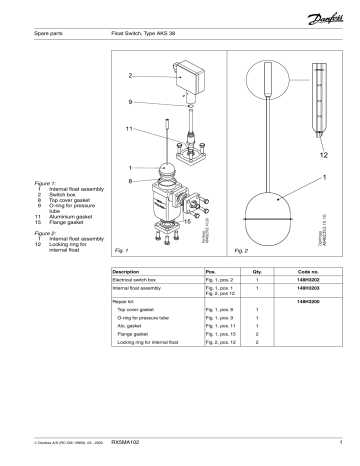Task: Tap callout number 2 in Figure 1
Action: pos(130,76)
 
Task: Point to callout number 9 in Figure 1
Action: pos(130,102)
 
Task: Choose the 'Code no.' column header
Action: pos(313,271)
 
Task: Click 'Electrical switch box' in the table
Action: pos(142,280)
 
